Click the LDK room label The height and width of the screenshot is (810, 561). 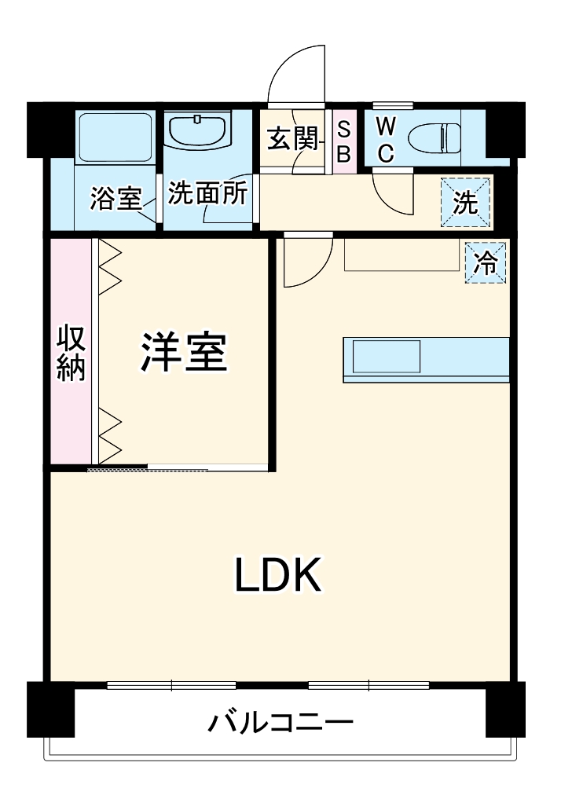click(x=277, y=577)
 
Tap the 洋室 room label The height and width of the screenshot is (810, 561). click(x=185, y=353)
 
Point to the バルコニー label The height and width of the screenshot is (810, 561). click(x=280, y=721)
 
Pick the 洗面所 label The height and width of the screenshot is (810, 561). click(x=208, y=194)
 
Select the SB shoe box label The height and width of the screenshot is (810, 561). click(x=343, y=140)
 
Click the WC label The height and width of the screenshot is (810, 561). click(x=384, y=140)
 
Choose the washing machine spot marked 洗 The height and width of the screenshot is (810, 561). click(x=465, y=203)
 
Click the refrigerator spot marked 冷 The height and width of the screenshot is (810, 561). click(x=486, y=262)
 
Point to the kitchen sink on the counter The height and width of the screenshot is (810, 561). click(x=387, y=356)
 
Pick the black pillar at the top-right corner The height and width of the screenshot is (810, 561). click(x=506, y=128)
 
